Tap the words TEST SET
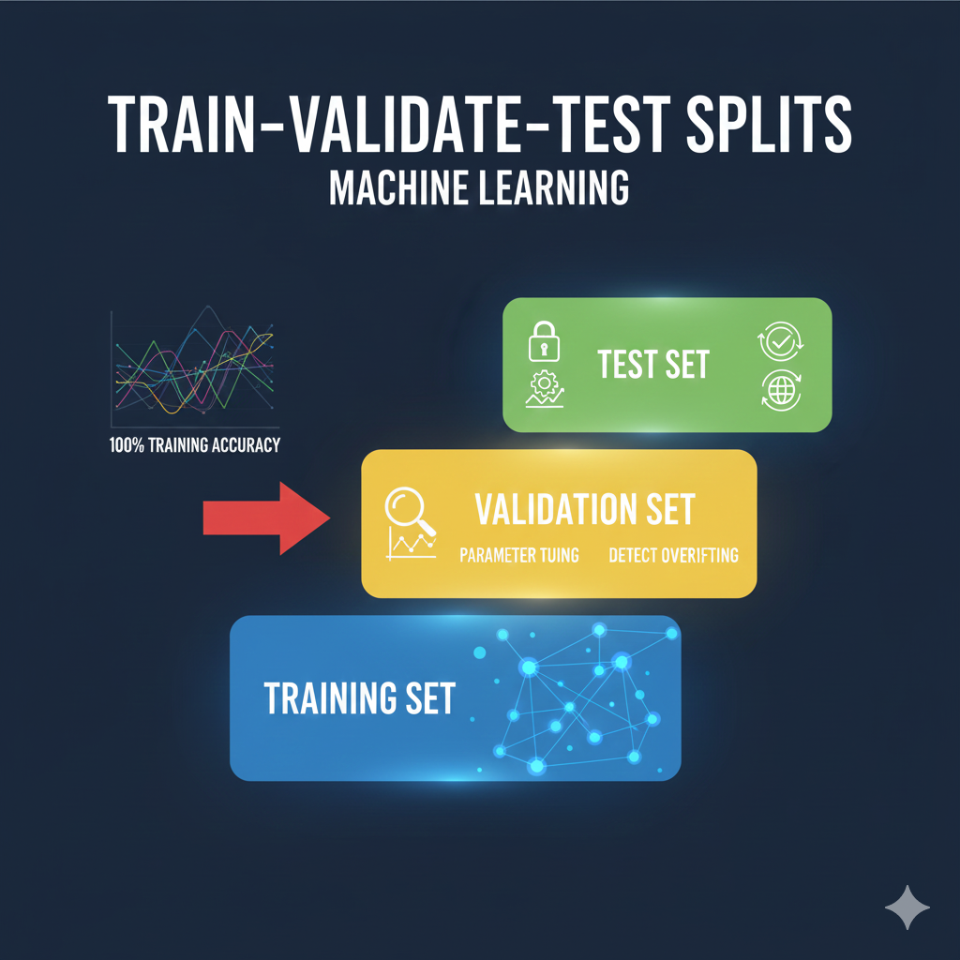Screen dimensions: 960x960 point(653,365)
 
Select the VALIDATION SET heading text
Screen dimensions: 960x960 point(584,510)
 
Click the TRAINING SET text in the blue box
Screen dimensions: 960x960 point(359,697)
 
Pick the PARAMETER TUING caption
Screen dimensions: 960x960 point(519,555)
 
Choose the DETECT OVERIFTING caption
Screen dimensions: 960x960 point(673,555)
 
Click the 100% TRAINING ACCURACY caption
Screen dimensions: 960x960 point(194,445)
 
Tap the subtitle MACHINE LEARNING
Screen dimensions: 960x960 point(478,187)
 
